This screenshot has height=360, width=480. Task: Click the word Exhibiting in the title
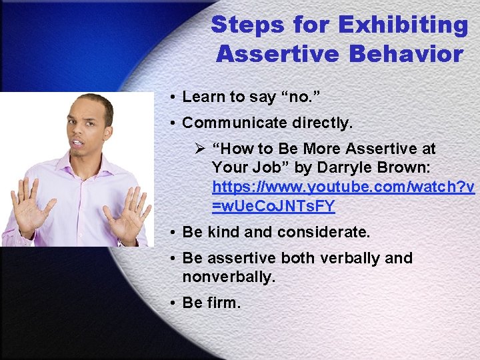pyautogui.click(x=403, y=25)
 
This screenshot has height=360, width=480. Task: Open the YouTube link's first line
pyautogui.click(x=343, y=187)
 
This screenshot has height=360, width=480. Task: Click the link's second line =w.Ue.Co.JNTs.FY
pyautogui.click(x=273, y=207)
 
